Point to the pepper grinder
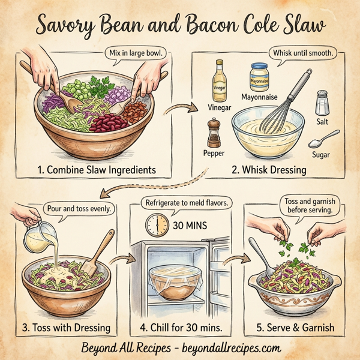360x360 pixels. point(214,133)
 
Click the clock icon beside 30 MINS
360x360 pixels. point(157,226)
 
